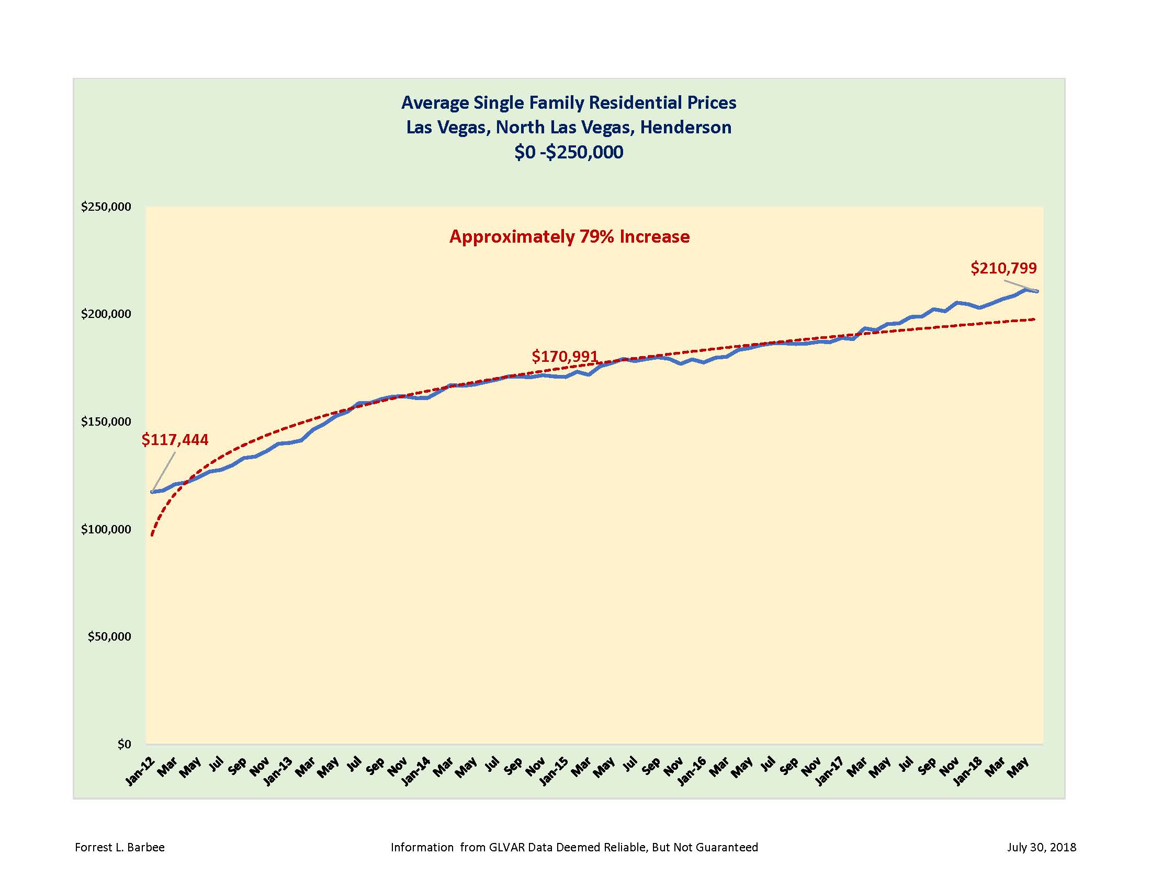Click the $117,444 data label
[175, 440]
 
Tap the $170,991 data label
[565, 357]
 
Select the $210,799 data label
[1003, 268]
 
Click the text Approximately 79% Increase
[569, 236]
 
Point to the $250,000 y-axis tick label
[106, 207]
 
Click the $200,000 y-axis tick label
[106, 314]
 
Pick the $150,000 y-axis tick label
[106, 421]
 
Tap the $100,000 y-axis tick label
[106, 529]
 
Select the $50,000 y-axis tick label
[109, 637]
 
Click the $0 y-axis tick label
[125, 744]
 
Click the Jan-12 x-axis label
[139, 772]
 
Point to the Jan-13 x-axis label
[277, 772]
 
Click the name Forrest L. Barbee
[120, 847]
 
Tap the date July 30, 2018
[1041, 847]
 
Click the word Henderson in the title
[686, 128]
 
